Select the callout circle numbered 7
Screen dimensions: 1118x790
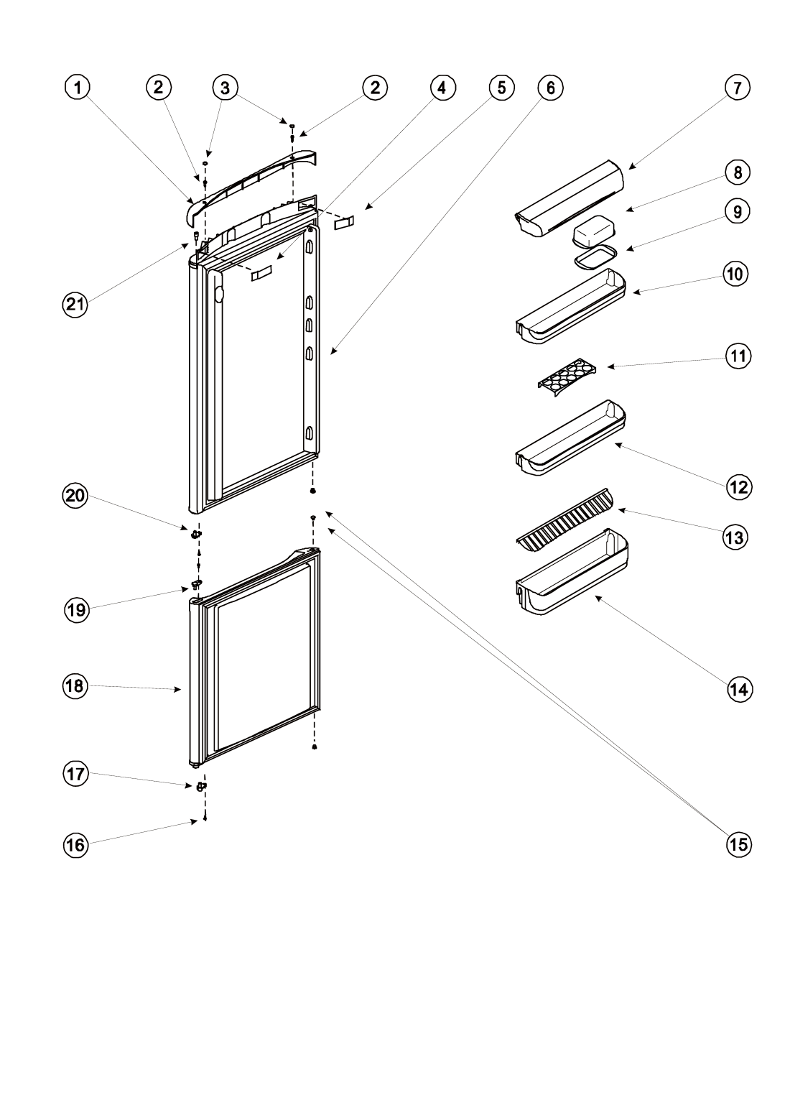(x=737, y=88)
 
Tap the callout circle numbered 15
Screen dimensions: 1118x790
(x=737, y=845)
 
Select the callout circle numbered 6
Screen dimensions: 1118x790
(x=550, y=88)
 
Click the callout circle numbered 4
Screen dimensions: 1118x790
(x=442, y=88)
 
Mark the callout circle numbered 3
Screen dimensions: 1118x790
(x=225, y=88)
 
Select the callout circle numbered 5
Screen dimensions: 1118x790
(x=501, y=88)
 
